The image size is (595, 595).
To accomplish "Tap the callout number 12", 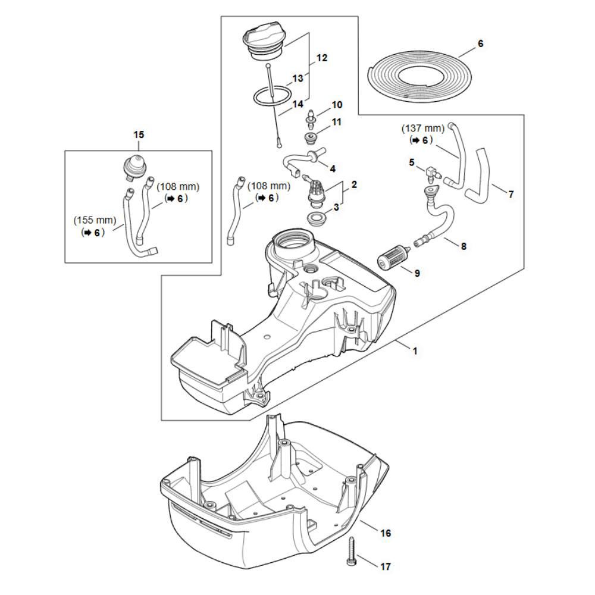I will pos(322,58).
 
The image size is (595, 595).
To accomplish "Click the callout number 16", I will pos(386,533).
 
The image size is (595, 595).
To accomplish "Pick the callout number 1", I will pos(415,351).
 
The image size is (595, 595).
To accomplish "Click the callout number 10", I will pos(337,105).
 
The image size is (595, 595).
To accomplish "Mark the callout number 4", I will pos(332,168).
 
